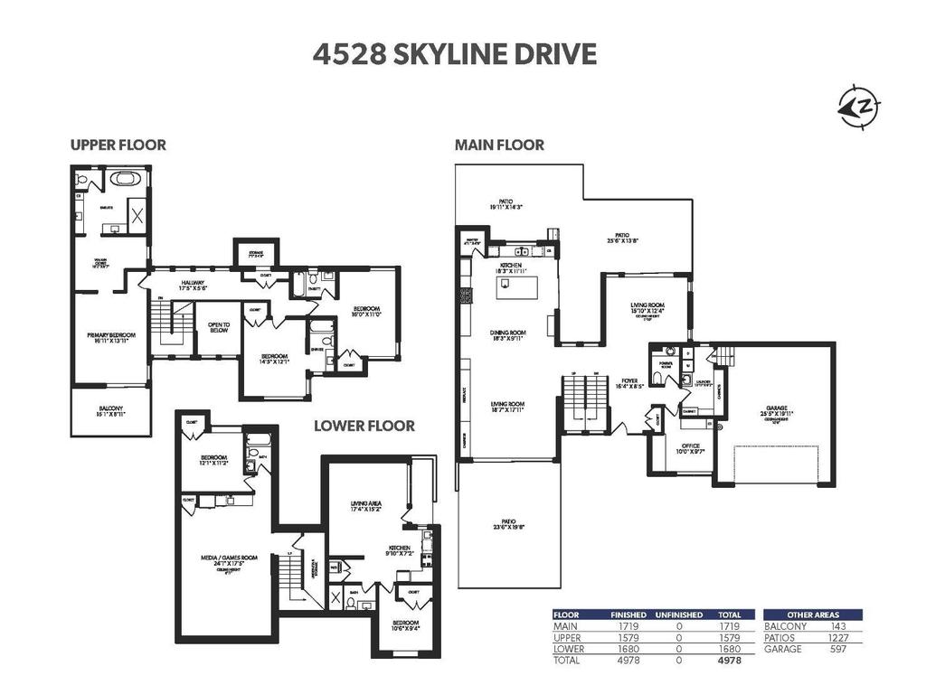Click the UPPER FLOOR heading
pos(118,145)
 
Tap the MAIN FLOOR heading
pos(499,145)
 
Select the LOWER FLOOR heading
pos(364,426)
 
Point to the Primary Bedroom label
pos(109,339)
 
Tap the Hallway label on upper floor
pos(192,286)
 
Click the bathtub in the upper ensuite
pos(127,179)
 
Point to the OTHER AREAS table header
pos(812,614)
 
